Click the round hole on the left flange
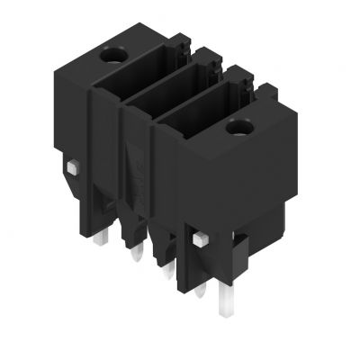click(115, 57)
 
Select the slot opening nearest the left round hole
click(158, 72)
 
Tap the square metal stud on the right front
click(200, 238)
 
